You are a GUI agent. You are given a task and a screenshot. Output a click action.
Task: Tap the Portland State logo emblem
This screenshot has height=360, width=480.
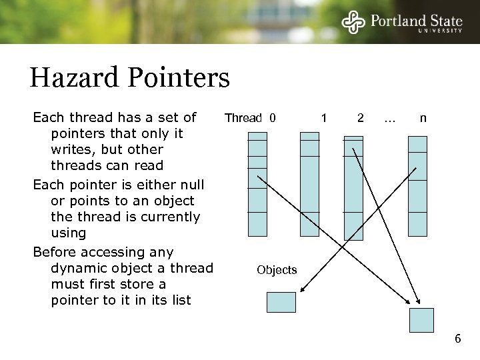pos(354,22)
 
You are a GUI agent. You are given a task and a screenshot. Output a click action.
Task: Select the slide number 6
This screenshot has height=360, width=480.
pos(457,339)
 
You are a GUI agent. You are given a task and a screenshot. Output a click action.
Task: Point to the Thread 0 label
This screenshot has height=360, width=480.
pos(250,119)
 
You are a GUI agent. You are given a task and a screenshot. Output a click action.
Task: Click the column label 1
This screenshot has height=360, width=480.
pos(324,119)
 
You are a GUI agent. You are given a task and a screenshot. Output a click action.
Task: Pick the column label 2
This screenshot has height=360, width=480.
pos(360,119)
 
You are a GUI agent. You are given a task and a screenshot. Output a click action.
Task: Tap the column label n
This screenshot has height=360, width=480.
pos(423,119)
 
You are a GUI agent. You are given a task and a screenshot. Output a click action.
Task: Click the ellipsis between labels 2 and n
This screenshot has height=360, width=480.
pos(390,120)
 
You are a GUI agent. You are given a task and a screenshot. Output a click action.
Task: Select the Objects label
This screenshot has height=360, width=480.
pos(277,270)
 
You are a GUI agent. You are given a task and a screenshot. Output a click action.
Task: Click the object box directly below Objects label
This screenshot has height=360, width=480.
pos(281,303)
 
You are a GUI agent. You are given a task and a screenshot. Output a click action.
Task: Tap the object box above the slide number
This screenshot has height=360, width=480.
pos(421,320)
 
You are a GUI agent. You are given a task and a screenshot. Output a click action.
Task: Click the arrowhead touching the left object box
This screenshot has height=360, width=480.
pos(302,290)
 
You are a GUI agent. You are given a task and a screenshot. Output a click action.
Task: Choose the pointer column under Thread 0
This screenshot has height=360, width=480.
pos(257,184)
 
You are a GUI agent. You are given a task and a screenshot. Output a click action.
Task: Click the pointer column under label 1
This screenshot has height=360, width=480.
pos(309,184)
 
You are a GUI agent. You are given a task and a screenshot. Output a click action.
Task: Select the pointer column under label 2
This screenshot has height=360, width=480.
pos(353,187)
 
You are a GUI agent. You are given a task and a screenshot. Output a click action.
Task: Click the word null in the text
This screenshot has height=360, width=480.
pos(190,185)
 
